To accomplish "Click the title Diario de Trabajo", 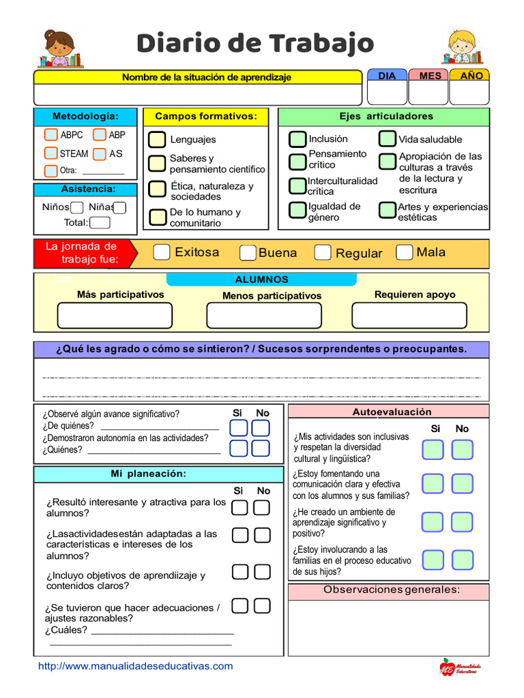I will pos(255,44).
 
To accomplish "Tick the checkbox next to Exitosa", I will pos(161,252).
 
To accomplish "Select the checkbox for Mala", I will pos(404,252).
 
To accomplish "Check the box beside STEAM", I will pos(51,153).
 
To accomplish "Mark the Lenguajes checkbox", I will pos(158,139).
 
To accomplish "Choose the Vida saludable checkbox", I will pos(388,139).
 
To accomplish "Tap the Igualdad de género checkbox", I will pos(297,211).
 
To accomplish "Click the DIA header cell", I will pos(387,76).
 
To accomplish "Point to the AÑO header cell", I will pos(471,76).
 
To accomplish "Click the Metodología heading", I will pos(85,117).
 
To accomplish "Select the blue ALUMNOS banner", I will pos(261,279).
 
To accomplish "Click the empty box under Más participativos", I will pos(115,316).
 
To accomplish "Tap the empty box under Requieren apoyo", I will pos(409,316).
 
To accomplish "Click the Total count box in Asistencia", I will pos(100,222).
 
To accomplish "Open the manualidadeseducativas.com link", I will pos(136,666).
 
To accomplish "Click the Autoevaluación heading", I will pos(392,412).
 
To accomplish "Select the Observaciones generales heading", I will pos(392,590).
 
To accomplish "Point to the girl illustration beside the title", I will pos(60,49).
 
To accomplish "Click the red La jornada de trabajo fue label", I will pos(82,253).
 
